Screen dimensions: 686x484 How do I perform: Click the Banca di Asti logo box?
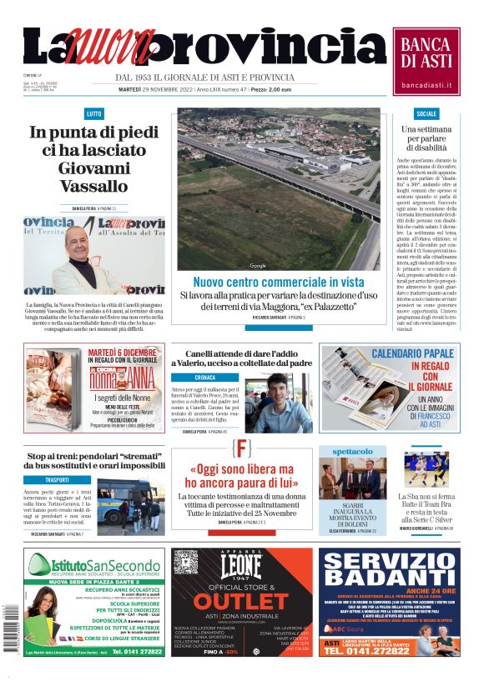tap(426, 61)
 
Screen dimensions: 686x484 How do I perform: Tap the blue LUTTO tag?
tap(93, 113)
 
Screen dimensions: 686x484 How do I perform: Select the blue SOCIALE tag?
tap(426, 113)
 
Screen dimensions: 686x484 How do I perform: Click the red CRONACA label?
tap(204, 377)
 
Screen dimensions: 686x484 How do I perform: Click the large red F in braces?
tap(242, 448)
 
